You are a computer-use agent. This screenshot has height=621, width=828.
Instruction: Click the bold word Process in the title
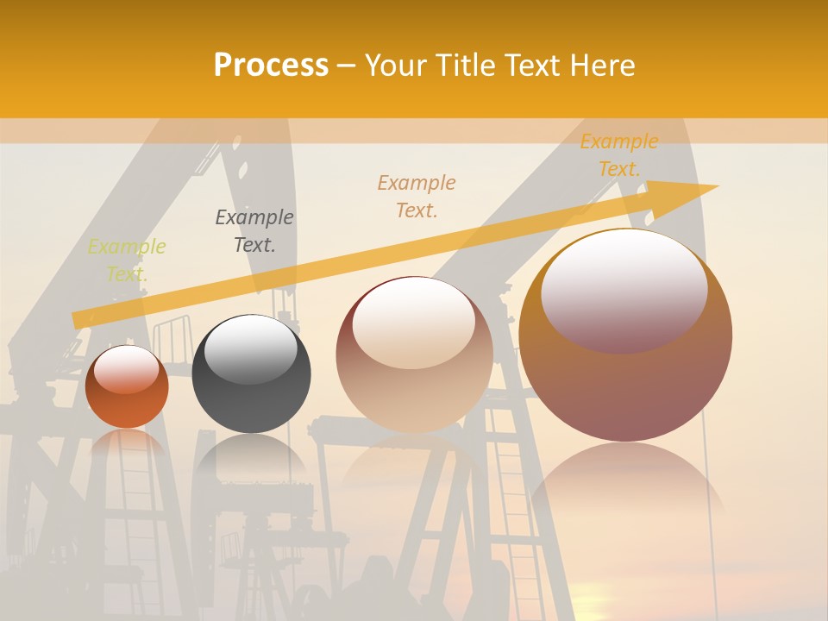(271, 66)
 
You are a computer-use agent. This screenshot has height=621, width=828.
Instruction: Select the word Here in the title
(603, 66)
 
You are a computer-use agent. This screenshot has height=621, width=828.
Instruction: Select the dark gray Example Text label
(254, 231)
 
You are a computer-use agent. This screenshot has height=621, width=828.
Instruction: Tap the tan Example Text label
(417, 196)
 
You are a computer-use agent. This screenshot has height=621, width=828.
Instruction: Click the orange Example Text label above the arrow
(619, 155)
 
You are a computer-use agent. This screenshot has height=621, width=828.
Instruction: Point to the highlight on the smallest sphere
(126, 369)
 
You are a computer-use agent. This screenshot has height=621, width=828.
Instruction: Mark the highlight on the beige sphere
(414, 322)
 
